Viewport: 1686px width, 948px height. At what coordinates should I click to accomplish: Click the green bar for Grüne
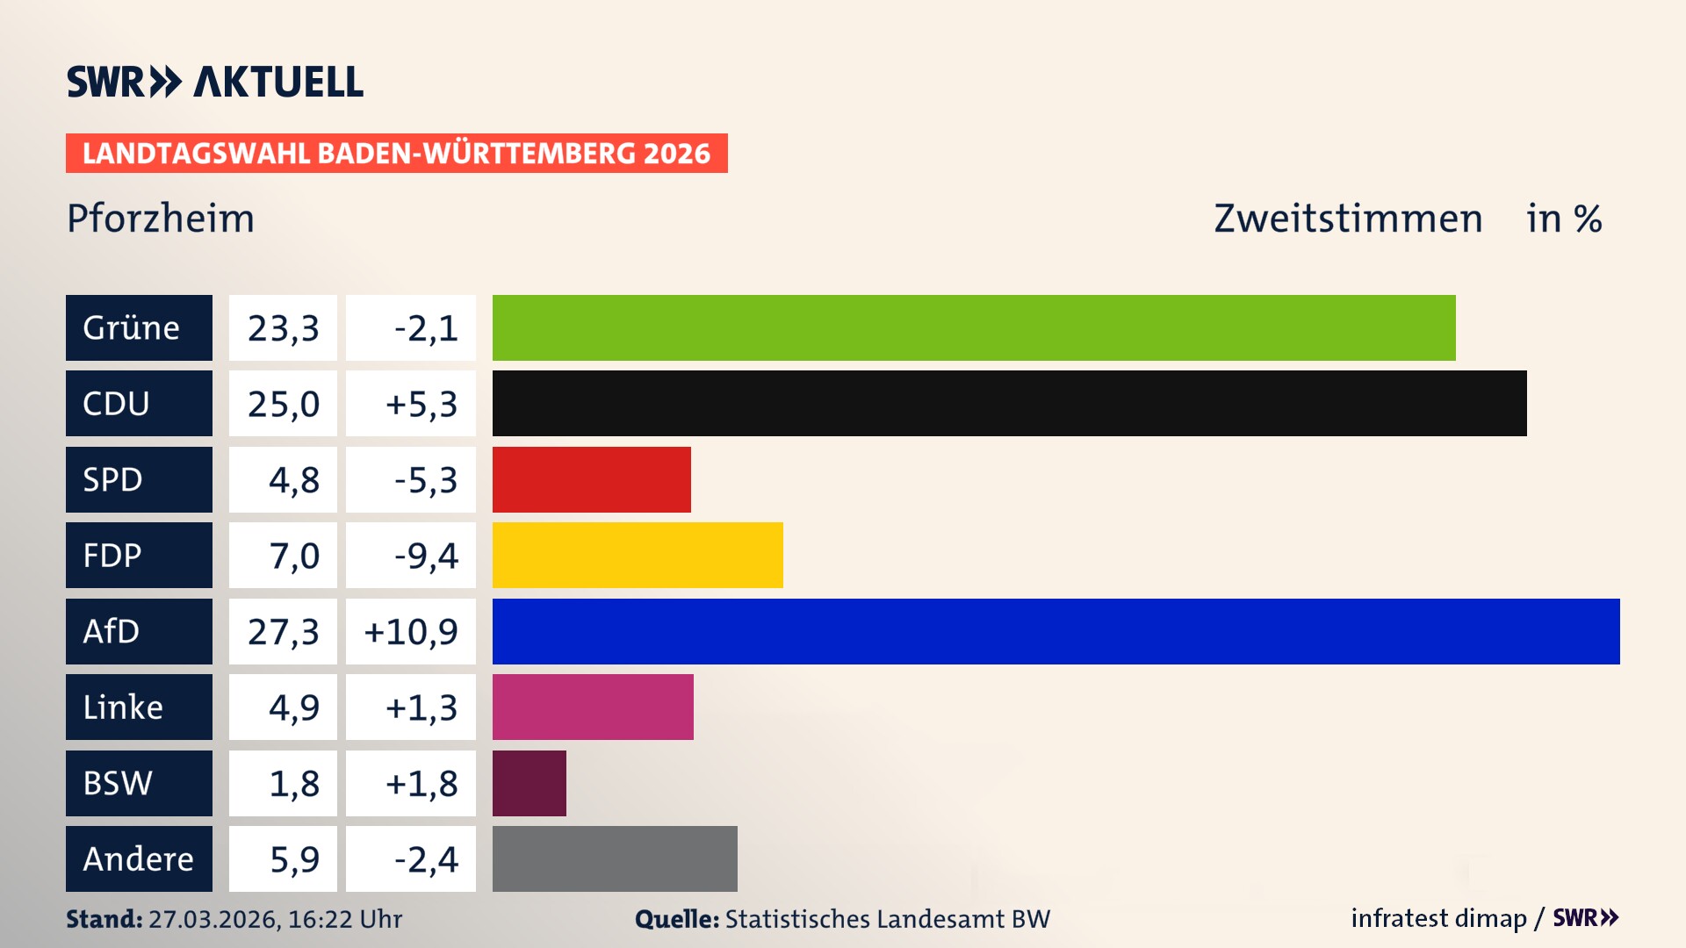(973, 327)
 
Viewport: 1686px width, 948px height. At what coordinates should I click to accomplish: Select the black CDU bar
(1009, 403)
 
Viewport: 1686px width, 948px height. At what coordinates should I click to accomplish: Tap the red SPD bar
(591, 479)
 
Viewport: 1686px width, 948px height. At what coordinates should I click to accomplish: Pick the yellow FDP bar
(637, 555)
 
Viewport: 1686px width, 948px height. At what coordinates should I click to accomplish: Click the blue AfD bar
(1056, 631)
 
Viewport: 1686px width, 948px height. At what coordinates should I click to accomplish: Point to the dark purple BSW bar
(529, 783)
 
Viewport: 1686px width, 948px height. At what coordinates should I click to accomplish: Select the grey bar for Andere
(614, 858)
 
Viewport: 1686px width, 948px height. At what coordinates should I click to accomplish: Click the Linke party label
(123, 707)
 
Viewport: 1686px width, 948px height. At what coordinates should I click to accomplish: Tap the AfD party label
(112, 631)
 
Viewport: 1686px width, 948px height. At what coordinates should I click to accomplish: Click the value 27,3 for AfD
(283, 631)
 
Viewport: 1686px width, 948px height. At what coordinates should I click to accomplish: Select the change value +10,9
(411, 631)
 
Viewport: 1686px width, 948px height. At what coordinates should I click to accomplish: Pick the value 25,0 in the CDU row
(283, 404)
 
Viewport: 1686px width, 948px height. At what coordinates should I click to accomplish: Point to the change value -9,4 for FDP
(426, 556)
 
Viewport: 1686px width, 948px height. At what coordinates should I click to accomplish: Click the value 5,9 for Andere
(294, 859)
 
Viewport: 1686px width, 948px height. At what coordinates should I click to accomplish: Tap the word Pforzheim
(161, 219)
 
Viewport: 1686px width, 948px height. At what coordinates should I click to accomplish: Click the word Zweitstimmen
(1348, 219)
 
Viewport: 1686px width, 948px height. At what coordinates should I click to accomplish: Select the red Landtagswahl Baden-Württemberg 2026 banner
(396, 153)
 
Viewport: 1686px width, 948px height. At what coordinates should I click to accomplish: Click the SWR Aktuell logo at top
(215, 82)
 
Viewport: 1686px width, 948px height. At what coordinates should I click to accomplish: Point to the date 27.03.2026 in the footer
(213, 919)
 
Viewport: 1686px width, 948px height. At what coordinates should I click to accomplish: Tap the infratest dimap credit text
(1438, 918)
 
